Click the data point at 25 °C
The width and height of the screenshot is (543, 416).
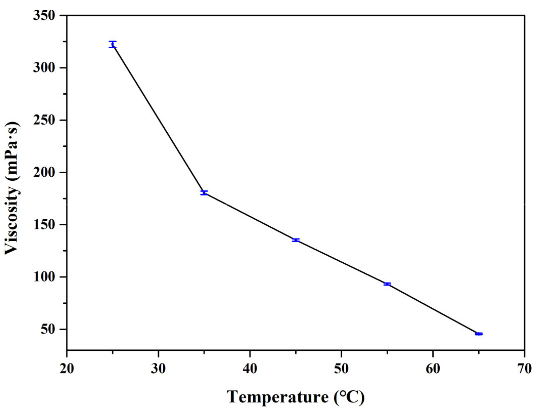pyautogui.click(x=113, y=44)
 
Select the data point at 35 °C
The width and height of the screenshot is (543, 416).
pyautogui.click(x=204, y=193)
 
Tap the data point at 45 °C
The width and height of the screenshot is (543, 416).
pyautogui.click(x=296, y=240)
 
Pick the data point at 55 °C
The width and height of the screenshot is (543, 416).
pyautogui.click(x=387, y=284)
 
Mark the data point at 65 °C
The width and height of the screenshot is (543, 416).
pyautogui.click(x=479, y=334)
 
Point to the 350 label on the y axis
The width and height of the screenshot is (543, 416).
pyautogui.click(x=44, y=16)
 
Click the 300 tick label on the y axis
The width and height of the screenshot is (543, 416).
pyautogui.click(x=44, y=68)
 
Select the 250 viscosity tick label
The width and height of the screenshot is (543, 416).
pyautogui.click(x=44, y=120)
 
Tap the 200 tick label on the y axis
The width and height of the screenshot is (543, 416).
pyautogui.click(x=44, y=173)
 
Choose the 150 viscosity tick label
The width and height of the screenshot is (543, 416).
pyautogui.click(x=44, y=225)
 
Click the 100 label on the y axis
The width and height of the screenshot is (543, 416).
pyautogui.click(x=44, y=277)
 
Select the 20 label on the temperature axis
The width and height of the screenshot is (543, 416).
pyautogui.click(x=67, y=369)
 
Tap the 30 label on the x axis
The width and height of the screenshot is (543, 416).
pyautogui.click(x=158, y=369)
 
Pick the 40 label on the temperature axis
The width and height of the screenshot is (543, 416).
pyautogui.click(x=250, y=369)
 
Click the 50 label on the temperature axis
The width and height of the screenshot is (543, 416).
pyautogui.click(x=341, y=369)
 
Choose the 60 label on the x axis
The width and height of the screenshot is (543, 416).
pyautogui.click(x=433, y=369)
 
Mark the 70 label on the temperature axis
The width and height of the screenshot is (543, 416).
pyautogui.click(x=524, y=369)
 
